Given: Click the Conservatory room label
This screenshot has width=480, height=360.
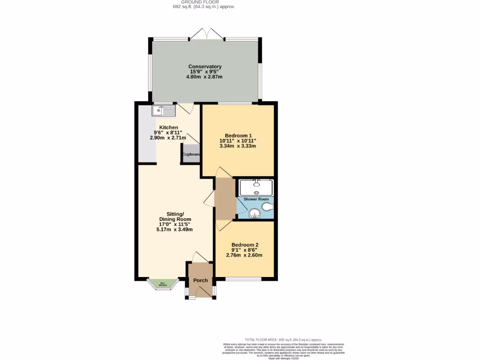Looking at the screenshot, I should [205, 67].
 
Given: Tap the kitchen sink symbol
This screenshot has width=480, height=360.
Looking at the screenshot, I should [163, 110].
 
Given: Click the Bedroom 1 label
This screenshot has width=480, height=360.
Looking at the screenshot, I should [238, 135].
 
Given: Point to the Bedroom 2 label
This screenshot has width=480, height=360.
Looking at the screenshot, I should [245, 245].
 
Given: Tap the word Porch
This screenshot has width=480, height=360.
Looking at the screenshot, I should [201, 280].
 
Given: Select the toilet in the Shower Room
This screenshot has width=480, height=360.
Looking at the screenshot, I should [266, 207].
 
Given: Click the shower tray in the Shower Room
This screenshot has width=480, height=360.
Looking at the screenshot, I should [256, 187].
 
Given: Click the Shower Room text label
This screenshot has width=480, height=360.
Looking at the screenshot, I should [256, 199].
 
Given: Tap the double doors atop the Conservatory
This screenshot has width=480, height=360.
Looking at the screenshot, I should [207, 34].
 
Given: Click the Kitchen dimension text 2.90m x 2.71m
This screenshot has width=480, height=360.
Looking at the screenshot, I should [168, 138].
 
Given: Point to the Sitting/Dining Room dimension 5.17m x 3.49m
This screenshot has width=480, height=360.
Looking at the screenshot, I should [175, 229].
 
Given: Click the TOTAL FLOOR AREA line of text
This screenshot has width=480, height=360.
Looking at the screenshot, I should [284, 339].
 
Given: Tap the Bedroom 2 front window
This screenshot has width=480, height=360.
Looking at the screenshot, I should [243, 279].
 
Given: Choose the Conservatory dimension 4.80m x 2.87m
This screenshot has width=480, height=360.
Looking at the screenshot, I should [205, 77].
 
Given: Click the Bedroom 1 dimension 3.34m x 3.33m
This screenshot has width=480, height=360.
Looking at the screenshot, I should [238, 146].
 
